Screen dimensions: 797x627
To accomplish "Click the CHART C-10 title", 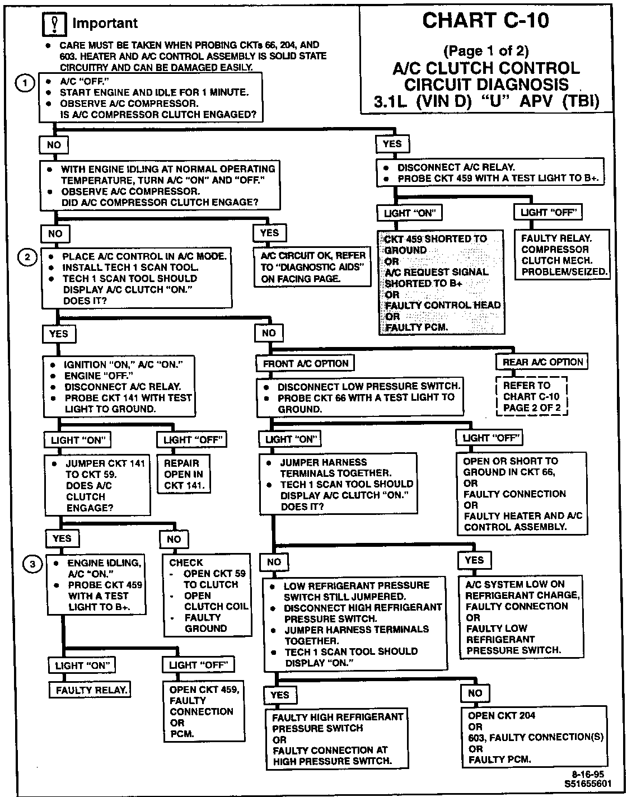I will pyautogui.click(x=485, y=21).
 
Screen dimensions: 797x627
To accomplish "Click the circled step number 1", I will pyautogui.click(x=24, y=83).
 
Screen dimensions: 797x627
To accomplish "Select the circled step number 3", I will pyautogui.click(x=32, y=564).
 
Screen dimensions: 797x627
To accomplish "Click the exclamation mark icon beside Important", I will pyautogui.click(x=55, y=24).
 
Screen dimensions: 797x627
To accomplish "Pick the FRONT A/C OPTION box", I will pyautogui.click(x=306, y=363).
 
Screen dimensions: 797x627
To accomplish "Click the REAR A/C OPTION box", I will pyautogui.click(x=542, y=362).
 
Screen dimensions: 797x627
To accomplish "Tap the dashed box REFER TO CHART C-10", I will pyautogui.click(x=532, y=397).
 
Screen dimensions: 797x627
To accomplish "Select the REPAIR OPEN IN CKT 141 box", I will pyautogui.click(x=184, y=474).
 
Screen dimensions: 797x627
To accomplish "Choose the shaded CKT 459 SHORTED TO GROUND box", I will pyautogui.click(x=442, y=283).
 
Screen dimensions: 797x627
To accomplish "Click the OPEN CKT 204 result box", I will pyautogui.click(x=535, y=737).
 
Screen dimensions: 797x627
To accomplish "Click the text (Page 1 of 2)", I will pyautogui.click(x=485, y=51).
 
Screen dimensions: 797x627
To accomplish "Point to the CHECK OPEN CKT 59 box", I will pyautogui.click(x=207, y=596).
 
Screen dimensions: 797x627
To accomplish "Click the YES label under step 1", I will pyautogui.click(x=392, y=144).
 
